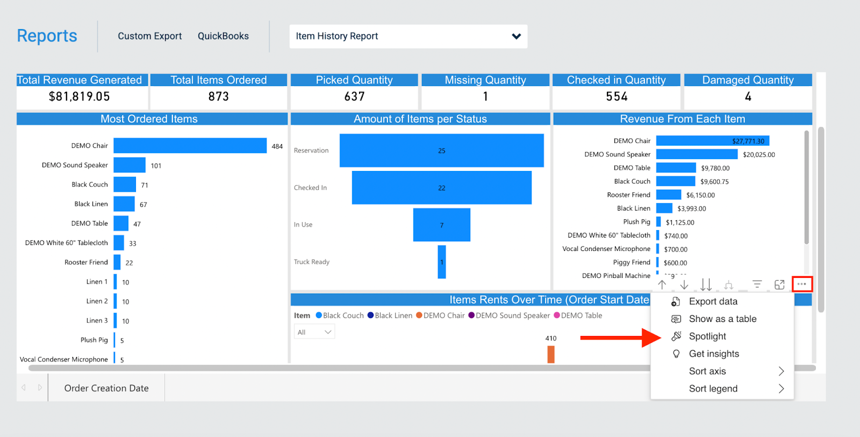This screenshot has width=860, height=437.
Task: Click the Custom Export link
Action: coord(149,36)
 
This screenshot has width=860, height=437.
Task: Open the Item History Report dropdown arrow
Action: coord(516,37)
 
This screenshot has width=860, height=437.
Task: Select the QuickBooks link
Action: coord(223,36)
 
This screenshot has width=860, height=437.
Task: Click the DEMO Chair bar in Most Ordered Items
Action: coord(190,146)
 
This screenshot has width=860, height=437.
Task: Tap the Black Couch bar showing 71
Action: coord(125,184)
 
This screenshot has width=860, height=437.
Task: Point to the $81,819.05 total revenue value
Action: coord(80,97)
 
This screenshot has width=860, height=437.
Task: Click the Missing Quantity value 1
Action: coord(485,97)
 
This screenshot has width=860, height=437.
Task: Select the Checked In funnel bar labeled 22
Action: coord(441,188)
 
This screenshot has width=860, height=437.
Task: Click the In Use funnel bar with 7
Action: coord(441,225)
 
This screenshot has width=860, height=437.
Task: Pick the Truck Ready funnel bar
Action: coord(442,262)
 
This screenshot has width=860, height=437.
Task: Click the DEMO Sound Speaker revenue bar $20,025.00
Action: coord(696,154)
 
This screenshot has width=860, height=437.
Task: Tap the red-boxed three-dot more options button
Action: coord(801,284)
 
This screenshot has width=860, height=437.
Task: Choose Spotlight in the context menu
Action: coord(707,336)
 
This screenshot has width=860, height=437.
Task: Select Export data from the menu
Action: coord(713,302)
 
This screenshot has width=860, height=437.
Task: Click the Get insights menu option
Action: coord(714,354)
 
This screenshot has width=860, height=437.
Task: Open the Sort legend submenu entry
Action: coord(713,389)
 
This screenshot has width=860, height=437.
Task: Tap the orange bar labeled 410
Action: coord(551,354)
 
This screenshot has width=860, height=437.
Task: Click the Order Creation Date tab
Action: coord(106,388)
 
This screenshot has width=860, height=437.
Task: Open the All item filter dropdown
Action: coord(314,332)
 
